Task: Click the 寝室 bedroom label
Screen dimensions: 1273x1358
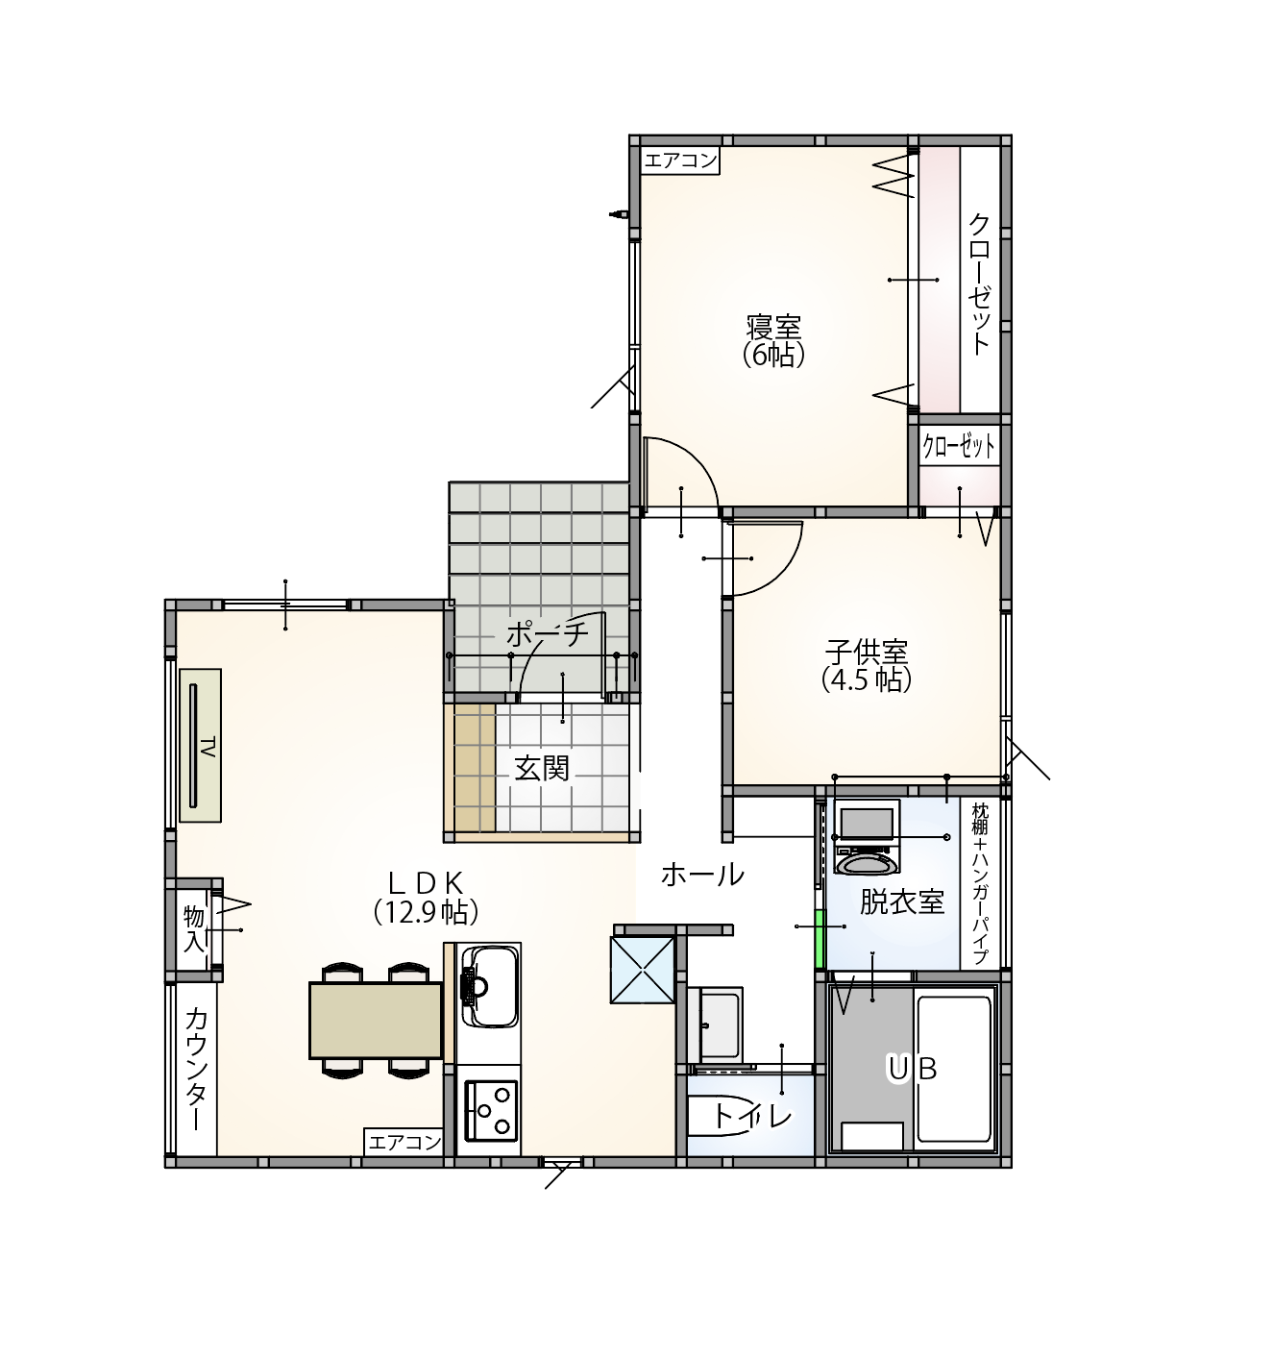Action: pyautogui.click(x=773, y=328)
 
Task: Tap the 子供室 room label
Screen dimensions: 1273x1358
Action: pyautogui.click(x=867, y=653)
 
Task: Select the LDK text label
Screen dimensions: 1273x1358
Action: pyautogui.click(x=426, y=883)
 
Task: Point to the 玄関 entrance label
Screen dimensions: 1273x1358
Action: pyautogui.click(x=542, y=769)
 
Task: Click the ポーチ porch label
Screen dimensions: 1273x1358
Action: pyautogui.click(x=547, y=634)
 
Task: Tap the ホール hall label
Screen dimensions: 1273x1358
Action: pyautogui.click(x=702, y=875)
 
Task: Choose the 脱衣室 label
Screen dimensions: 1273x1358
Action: pyautogui.click(x=902, y=901)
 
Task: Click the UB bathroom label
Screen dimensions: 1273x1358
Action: pyautogui.click(x=912, y=1068)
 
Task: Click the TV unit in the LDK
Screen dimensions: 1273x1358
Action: pyautogui.click(x=200, y=746)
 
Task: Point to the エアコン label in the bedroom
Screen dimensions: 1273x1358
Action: pyautogui.click(x=681, y=161)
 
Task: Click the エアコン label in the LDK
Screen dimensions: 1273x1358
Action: pyautogui.click(x=404, y=1143)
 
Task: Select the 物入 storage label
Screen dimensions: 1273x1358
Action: pyautogui.click(x=194, y=929)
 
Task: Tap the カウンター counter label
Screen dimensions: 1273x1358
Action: pyautogui.click(x=196, y=1069)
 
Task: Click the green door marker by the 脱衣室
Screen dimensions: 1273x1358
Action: pyautogui.click(x=820, y=938)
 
